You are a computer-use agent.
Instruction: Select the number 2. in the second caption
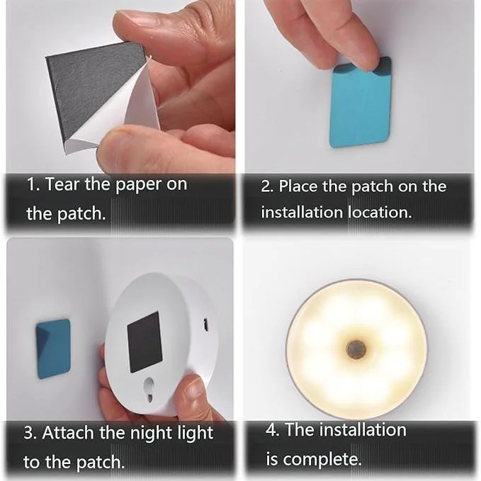267,187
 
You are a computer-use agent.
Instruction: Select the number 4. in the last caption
272,430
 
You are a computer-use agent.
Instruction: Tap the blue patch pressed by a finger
361,106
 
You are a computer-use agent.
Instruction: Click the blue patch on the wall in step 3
53,348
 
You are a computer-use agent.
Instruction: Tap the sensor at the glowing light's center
356,349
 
